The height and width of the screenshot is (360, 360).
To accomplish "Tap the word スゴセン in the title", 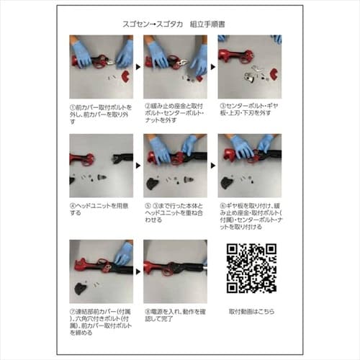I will tap(138, 24).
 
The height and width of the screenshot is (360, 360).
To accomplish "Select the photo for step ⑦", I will tap(102, 271).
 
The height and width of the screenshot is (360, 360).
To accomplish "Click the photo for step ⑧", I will tap(176, 271).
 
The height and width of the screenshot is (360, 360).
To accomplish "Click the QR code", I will tap(251, 269).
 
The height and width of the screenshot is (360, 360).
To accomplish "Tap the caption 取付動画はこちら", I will tap(251, 313).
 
